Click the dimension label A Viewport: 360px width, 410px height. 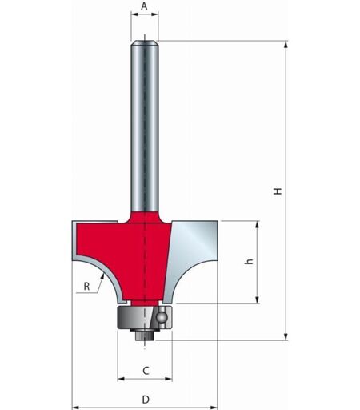144,6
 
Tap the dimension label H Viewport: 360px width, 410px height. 278,191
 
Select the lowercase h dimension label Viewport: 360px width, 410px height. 249,262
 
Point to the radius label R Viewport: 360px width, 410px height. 86,287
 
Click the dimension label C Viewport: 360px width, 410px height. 146,371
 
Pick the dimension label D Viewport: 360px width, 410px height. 146,400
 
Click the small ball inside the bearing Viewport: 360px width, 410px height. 162,317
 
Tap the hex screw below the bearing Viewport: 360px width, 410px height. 145,336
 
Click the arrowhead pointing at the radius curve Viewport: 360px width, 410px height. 102,277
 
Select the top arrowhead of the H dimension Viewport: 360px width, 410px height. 286,44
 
